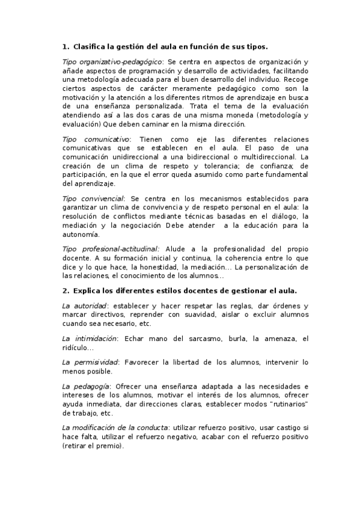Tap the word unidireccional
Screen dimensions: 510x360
pyautogui.click(x=140, y=156)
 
